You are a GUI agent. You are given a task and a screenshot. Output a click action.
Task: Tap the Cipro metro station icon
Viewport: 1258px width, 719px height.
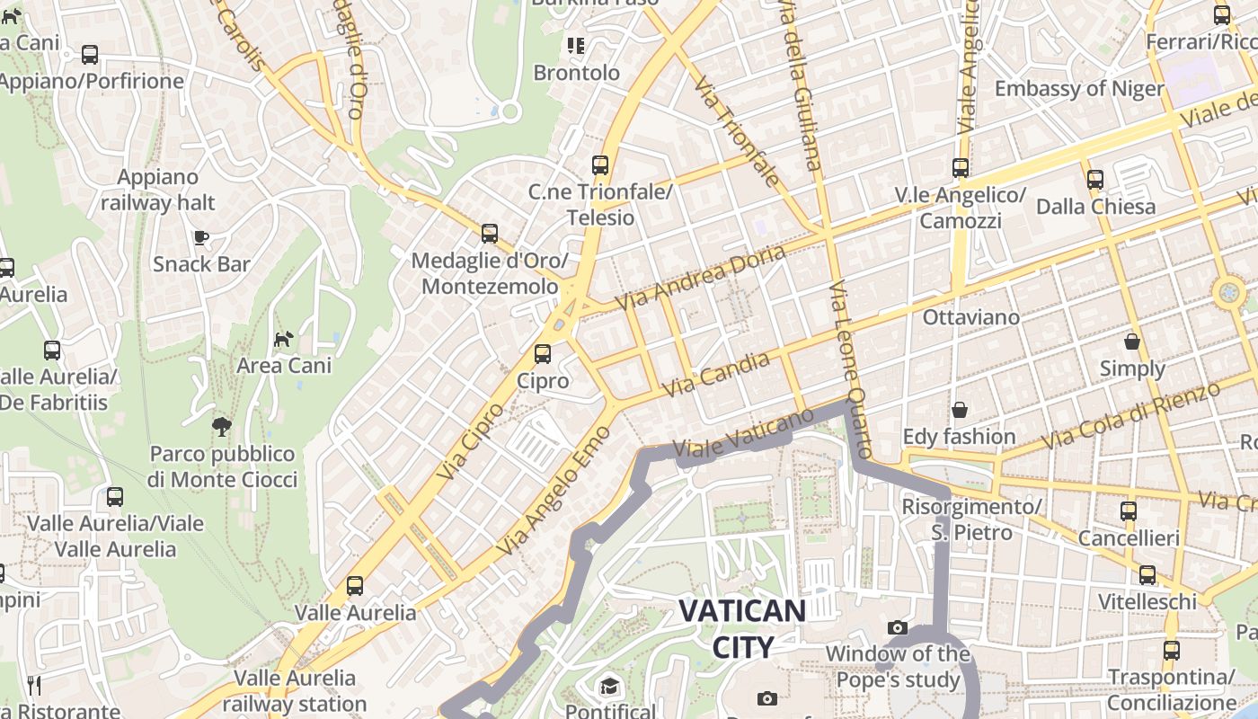[x=543, y=354]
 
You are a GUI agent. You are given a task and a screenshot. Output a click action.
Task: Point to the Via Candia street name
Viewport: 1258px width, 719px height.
[x=716, y=375]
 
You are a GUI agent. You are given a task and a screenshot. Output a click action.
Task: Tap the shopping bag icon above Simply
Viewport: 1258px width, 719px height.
[x=1132, y=342]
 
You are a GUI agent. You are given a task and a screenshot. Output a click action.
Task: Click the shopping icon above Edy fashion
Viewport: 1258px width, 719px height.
[x=960, y=410]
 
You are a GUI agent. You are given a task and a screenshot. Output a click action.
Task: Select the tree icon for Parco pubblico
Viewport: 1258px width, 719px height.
[x=222, y=426]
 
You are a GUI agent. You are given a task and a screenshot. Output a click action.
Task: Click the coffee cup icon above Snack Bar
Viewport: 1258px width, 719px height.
[x=201, y=237]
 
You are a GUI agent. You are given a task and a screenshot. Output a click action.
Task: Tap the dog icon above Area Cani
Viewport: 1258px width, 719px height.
[x=284, y=339]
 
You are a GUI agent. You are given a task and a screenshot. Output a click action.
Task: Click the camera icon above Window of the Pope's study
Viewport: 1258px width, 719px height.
[x=897, y=627]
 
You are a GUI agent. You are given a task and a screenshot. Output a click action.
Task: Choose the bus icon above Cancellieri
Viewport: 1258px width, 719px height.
[x=1129, y=511]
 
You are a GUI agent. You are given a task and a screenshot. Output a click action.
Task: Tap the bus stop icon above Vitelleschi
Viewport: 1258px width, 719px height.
[x=1147, y=575]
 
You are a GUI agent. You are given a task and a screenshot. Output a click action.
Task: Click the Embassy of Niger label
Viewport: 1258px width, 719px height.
[x=1079, y=89]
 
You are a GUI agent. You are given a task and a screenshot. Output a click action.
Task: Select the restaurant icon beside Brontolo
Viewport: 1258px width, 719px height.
[x=575, y=45]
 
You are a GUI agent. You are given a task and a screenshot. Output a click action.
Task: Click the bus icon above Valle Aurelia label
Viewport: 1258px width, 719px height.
[x=355, y=586]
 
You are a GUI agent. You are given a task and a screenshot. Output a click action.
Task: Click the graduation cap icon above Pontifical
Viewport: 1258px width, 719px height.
[x=610, y=687]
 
